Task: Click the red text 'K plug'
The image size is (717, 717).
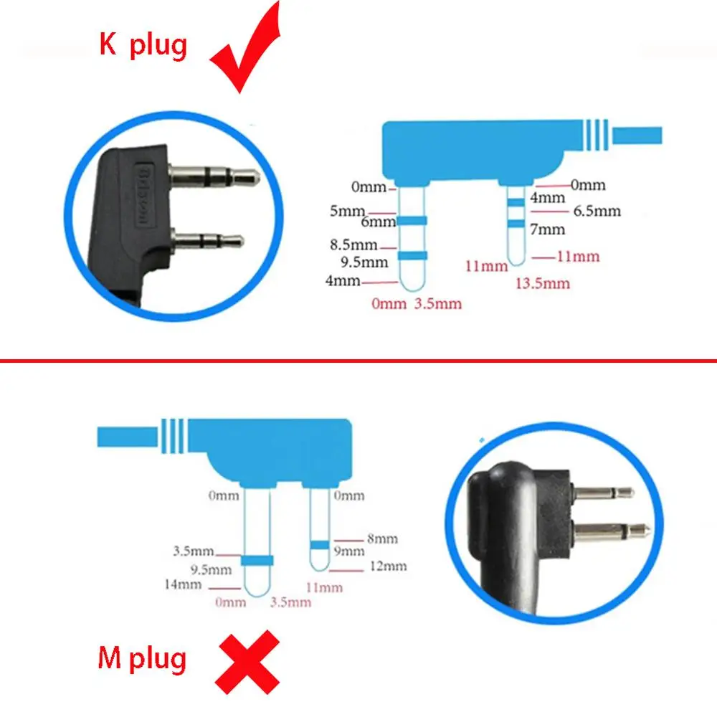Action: (x=143, y=45)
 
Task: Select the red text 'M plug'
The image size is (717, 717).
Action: (x=142, y=658)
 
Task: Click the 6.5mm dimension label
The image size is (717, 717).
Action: (x=597, y=212)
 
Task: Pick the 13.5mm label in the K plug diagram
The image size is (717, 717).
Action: (x=543, y=283)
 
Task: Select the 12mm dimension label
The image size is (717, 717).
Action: (x=388, y=566)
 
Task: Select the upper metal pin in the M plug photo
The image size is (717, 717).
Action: (x=603, y=493)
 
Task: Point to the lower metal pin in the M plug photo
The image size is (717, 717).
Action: (x=611, y=533)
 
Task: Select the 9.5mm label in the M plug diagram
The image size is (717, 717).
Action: (x=212, y=570)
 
